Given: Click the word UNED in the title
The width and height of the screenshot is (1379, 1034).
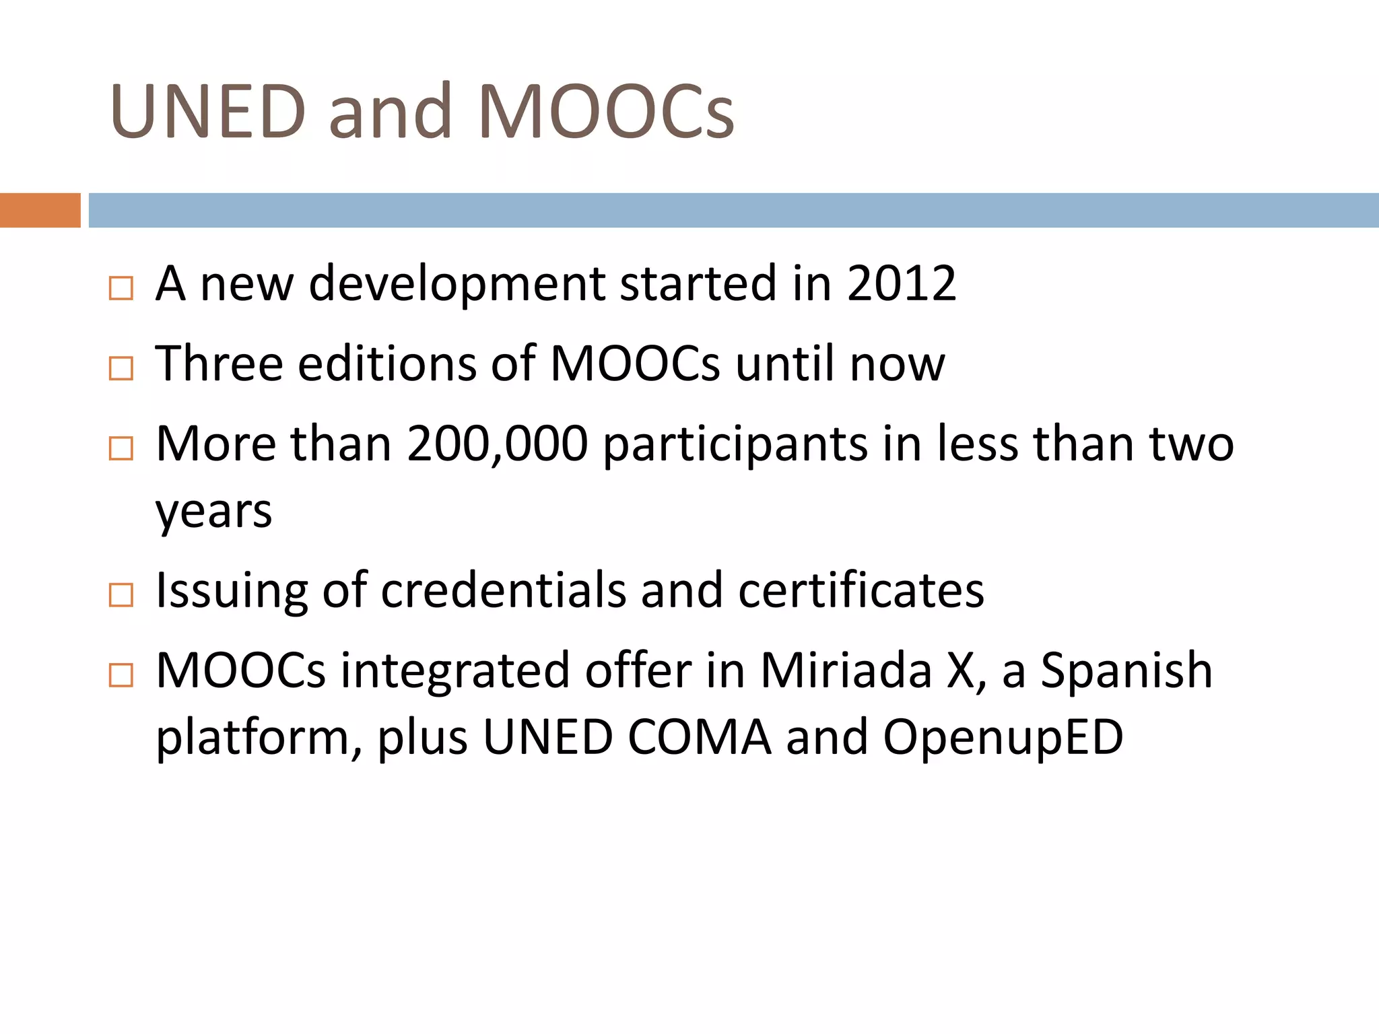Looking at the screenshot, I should click(x=208, y=111).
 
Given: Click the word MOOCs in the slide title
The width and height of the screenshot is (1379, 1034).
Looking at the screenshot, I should click(x=605, y=111).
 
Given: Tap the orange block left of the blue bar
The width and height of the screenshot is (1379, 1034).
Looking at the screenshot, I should click(x=40, y=210).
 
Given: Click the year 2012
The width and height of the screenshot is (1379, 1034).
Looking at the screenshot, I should click(x=901, y=283).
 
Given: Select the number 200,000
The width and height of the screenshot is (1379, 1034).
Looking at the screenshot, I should click(x=497, y=444).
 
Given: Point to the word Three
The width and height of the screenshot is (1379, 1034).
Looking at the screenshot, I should click(x=219, y=364).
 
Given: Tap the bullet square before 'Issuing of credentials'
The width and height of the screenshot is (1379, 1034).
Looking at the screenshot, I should click(x=121, y=595).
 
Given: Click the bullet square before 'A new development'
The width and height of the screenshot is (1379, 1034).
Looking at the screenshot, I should click(x=121, y=288).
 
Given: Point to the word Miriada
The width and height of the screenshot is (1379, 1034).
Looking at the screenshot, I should click(x=846, y=670).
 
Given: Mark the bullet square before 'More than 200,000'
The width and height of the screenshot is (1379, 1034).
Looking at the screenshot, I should click(x=121, y=448).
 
